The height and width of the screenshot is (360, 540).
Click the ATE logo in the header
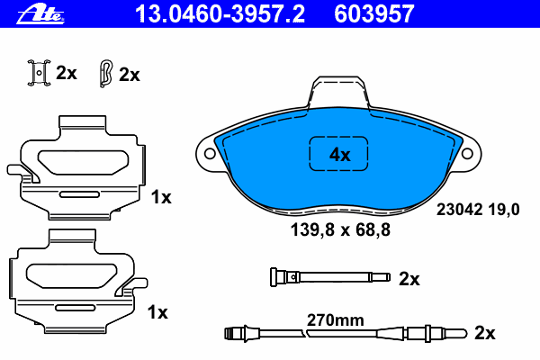(40, 14)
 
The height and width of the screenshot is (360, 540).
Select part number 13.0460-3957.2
(220, 14)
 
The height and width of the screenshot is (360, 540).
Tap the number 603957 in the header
(374, 14)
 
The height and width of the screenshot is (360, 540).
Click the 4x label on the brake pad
(339, 155)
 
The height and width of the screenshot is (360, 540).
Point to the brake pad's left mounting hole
(210, 153)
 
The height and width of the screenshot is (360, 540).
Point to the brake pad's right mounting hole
(467, 153)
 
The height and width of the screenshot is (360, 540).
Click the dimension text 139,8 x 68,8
(340, 229)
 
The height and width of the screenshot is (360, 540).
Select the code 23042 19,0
(478, 210)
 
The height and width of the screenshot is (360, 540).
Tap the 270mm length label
(336, 320)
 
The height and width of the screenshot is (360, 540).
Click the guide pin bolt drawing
(330, 277)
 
